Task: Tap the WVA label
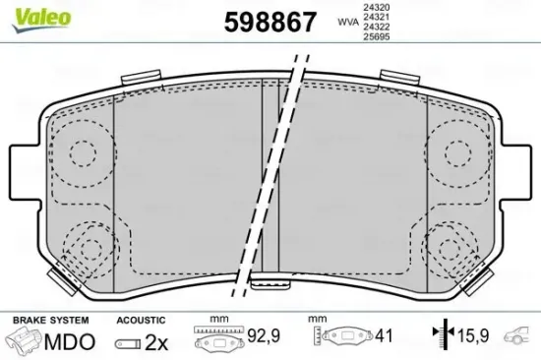click(x=348, y=21)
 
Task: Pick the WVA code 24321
click(x=377, y=17)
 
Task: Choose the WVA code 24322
click(x=377, y=28)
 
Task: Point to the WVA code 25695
click(x=377, y=38)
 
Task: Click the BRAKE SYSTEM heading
click(x=49, y=320)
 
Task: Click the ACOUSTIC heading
click(x=140, y=320)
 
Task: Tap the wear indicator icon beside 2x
click(x=129, y=343)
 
